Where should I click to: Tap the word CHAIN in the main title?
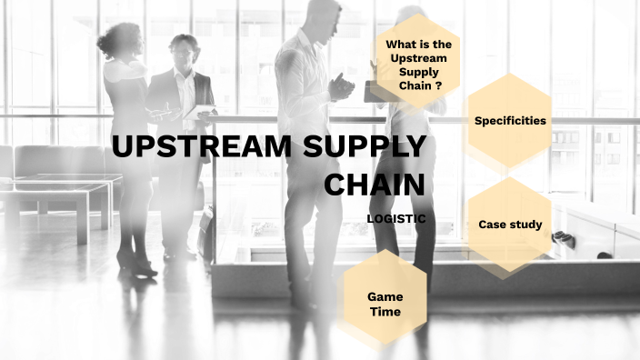(375, 185)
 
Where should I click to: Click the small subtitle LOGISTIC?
(395, 218)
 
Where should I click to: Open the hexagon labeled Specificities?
(510, 120)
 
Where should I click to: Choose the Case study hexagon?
(510, 225)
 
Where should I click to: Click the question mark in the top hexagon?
(438, 85)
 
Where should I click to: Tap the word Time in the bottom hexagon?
(385, 312)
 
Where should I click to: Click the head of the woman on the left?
(119, 41)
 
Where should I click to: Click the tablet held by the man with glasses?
(205, 111)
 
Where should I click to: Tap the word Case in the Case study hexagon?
(492, 225)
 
